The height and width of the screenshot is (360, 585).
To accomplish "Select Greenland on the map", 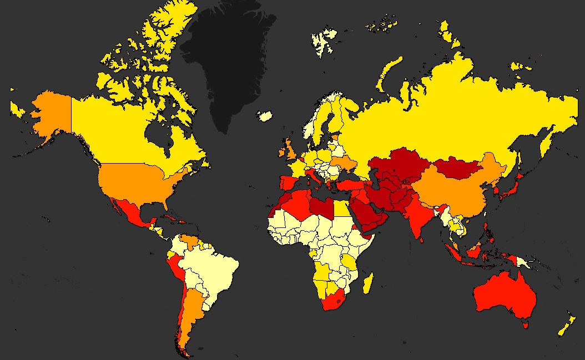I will [228, 61].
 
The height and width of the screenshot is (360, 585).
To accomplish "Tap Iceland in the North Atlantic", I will [265, 116].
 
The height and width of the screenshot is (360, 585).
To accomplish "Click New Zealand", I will [566, 327].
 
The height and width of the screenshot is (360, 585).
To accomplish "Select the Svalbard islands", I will [325, 42].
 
